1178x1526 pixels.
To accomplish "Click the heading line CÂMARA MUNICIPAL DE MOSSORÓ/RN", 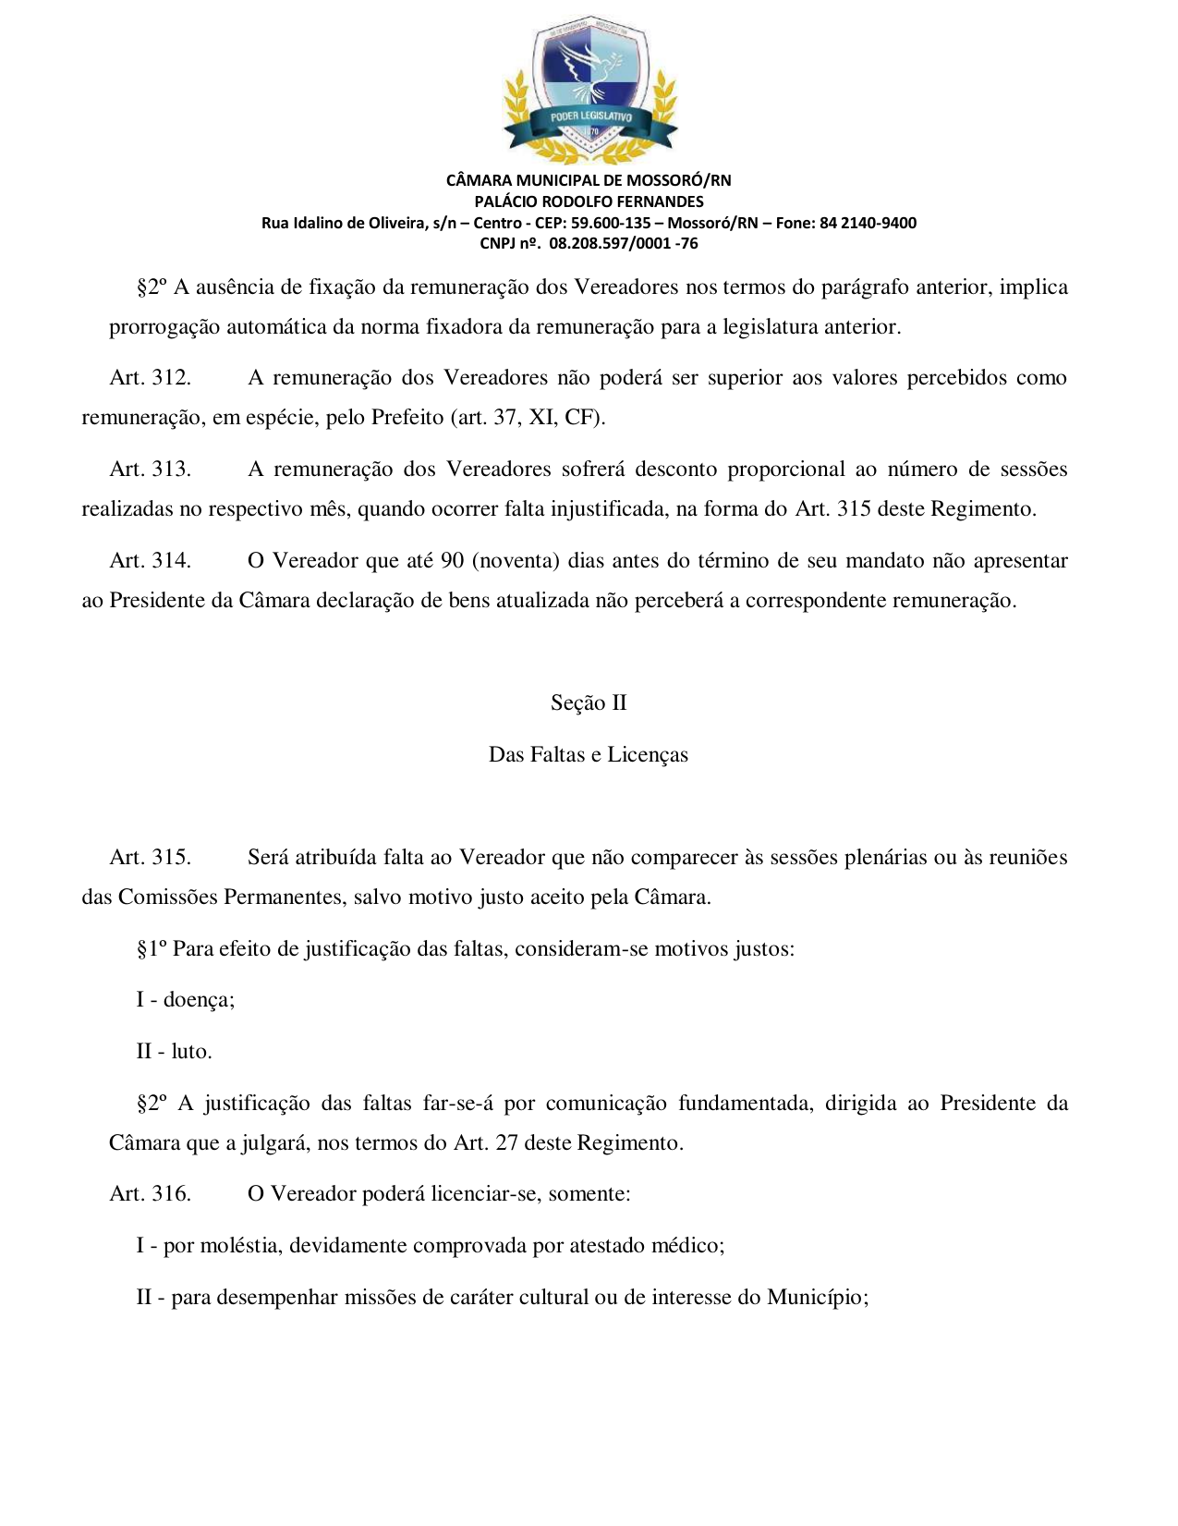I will (589, 180).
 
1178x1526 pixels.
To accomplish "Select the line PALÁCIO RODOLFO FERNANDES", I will (589, 201).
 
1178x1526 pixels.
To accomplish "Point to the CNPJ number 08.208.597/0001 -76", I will (624, 244).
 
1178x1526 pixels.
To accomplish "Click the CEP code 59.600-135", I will (611, 223).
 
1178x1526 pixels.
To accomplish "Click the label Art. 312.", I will (150, 378).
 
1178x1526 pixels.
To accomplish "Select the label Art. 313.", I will (150, 470).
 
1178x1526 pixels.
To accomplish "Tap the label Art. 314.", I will (150, 561).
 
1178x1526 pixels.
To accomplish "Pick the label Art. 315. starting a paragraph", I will (150, 858).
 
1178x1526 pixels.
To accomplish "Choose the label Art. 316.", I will (150, 1194).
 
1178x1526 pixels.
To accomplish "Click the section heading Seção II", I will (589, 703).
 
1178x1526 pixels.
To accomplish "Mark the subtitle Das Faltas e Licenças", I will (589, 755).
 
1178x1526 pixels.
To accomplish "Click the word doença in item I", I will (198, 1000).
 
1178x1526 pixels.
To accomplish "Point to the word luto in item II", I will (190, 1052).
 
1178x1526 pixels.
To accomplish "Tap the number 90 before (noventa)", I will (453, 561).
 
